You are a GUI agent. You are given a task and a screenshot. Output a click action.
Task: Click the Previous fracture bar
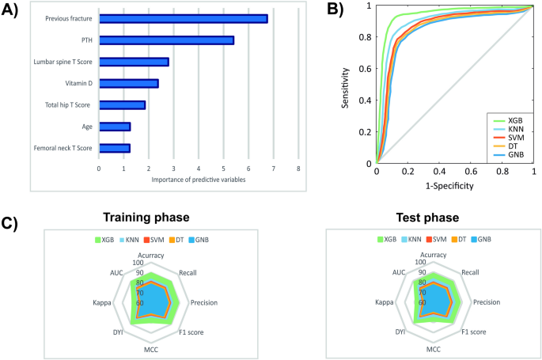click(x=183, y=18)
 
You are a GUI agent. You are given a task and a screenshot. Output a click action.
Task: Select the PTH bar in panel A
click(x=166, y=40)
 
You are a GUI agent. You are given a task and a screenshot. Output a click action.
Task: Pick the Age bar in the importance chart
click(x=114, y=126)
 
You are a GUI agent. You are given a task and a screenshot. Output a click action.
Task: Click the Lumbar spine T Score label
click(x=62, y=62)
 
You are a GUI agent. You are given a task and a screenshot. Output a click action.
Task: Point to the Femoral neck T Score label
click(x=63, y=148)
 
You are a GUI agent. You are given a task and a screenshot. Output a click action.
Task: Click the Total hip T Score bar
click(x=122, y=104)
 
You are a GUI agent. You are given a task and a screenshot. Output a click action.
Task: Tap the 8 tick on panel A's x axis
click(x=298, y=169)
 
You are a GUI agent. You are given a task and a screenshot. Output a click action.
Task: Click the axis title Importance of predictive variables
click(x=198, y=180)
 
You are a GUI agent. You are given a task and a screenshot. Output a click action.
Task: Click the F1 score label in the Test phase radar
click(x=474, y=332)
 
